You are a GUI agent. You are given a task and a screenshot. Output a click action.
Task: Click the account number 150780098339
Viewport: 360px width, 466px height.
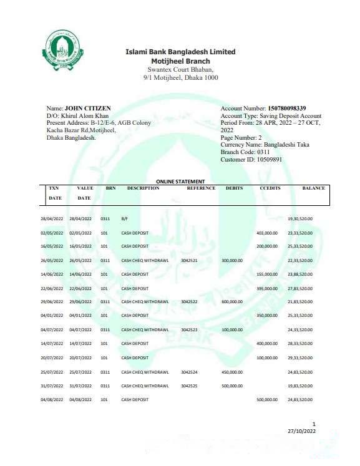(x=288, y=109)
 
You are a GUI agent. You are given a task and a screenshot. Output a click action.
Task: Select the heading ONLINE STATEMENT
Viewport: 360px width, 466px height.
(x=180, y=182)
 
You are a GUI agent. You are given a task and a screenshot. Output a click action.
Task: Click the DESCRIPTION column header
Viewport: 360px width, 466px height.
(x=143, y=188)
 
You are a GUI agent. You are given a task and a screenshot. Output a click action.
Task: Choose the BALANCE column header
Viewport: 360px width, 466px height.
(x=313, y=188)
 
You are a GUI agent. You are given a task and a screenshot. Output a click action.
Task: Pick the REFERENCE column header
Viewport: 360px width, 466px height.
(x=201, y=188)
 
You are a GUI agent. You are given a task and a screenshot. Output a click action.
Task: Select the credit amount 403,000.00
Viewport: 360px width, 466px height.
(x=266, y=233)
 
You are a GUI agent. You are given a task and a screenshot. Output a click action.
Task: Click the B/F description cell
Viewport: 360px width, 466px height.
(x=124, y=219)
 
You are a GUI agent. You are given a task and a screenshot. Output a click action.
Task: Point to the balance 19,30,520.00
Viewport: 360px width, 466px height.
(x=300, y=219)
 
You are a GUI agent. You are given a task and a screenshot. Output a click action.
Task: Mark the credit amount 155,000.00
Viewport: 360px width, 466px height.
(x=266, y=274)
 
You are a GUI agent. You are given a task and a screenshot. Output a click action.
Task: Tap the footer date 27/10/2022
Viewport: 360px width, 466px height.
(x=302, y=431)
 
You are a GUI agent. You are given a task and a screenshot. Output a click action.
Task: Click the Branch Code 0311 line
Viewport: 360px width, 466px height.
(x=245, y=152)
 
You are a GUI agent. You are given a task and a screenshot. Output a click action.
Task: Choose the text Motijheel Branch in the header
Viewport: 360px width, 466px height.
(x=180, y=61)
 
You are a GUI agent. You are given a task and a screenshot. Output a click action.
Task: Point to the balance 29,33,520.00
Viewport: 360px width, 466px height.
(x=300, y=358)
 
